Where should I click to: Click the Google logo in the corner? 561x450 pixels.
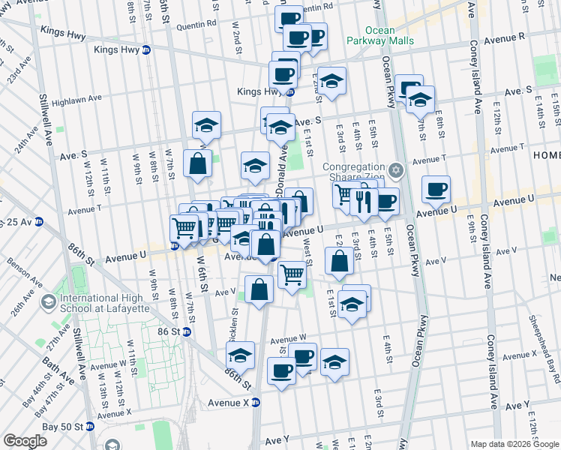click(25, 441)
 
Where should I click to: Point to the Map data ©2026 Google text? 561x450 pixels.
click(515, 444)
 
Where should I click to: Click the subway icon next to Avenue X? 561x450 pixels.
click(255, 401)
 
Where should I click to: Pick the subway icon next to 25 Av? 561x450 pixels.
click(39, 222)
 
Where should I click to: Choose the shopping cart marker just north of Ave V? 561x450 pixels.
click(292, 273)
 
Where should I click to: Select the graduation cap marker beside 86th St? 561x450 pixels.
click(241, 355)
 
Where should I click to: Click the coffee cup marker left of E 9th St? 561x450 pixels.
click(436, 190)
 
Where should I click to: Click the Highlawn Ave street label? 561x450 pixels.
click(76, 98)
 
